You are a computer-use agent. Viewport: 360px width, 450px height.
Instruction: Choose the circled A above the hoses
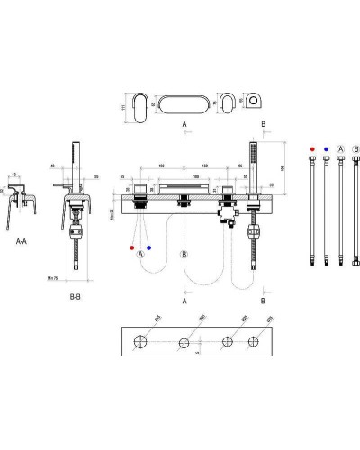tap(340, 147)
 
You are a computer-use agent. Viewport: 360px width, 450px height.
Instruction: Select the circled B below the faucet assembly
tap(184, 255)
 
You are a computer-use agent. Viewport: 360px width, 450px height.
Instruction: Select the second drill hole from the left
tap(184, 342)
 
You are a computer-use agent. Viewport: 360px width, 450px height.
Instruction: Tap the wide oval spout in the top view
tap(184, 101)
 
